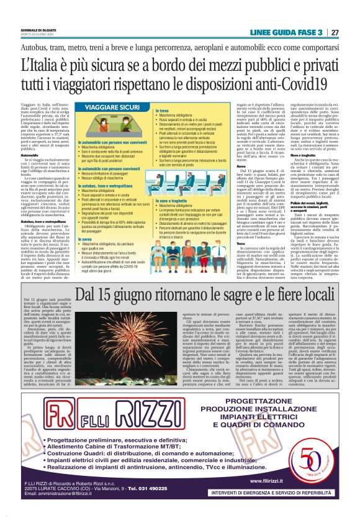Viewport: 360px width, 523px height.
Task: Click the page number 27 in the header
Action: (335, 32)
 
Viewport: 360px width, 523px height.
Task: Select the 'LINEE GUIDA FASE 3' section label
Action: (286, 32)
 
